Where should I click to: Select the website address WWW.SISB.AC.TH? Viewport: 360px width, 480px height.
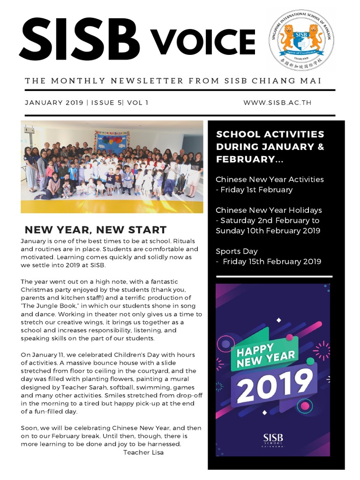(x=277, y=103)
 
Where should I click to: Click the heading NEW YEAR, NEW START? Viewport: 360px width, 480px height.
(x=95, y=230)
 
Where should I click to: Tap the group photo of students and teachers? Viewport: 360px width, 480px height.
(x=112, y=167)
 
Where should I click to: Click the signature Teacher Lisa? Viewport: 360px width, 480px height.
(x=143, y=452)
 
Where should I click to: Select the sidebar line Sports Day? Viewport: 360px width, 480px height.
(x=237, y=251)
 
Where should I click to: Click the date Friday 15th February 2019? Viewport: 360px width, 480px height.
(x=272, y=262)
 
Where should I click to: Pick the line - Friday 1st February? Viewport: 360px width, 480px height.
(x=254, y=189)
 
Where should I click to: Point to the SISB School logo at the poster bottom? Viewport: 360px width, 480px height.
(x=273, y=440)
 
